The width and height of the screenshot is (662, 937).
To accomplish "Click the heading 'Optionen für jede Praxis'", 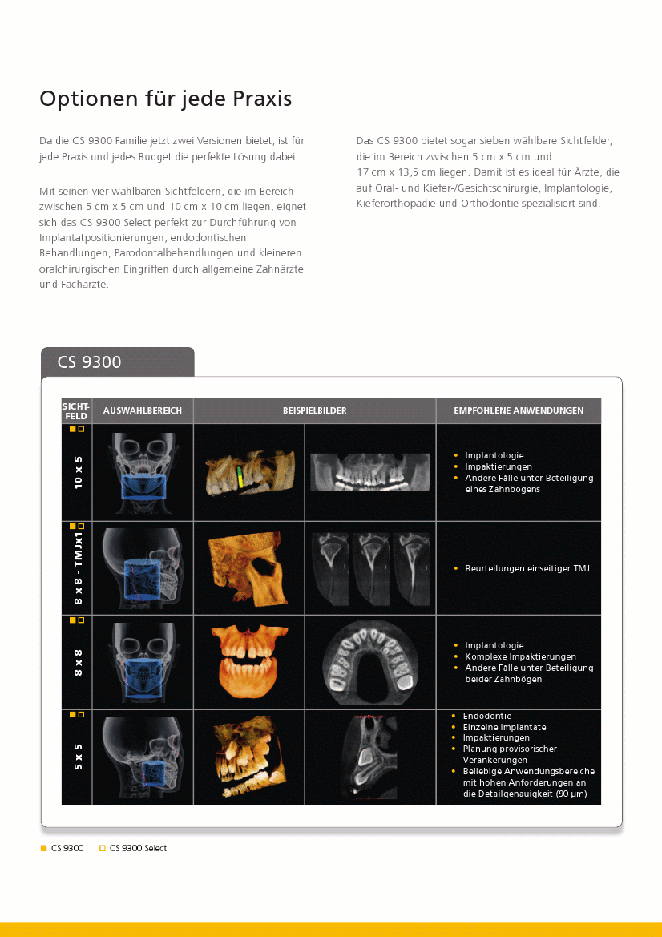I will [165, 99].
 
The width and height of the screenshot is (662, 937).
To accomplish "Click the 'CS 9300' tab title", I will [89, 362].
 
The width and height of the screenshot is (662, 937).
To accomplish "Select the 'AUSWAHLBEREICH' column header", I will [143, 410].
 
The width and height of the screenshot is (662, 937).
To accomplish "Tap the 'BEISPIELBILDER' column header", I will [314, 410].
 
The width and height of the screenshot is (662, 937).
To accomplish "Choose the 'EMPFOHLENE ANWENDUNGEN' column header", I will [519, 410].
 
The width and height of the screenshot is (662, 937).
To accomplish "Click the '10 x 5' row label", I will [79, 472].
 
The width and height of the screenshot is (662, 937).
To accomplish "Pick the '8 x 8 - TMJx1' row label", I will [79, 567].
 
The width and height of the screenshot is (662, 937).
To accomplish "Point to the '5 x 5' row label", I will [79, 757].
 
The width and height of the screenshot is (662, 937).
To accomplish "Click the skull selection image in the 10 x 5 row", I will [143, 472].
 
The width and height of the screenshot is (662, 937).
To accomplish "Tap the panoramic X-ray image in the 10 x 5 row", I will [370, 472].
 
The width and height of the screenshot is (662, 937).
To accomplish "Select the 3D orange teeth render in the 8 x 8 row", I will [248, 662].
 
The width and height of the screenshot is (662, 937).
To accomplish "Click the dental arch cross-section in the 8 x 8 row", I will [370, 662].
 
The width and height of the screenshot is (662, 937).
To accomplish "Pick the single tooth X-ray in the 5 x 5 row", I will [370, 757].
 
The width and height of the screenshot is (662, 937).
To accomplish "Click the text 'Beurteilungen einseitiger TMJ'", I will [527, 568].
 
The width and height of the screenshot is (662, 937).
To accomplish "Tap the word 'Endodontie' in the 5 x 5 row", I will [486, 716].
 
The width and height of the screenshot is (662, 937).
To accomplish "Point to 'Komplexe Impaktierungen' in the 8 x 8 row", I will [520, 656].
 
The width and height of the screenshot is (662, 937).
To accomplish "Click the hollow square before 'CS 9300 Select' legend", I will [103, 848].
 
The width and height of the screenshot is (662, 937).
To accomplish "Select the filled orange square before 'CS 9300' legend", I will [44, 848].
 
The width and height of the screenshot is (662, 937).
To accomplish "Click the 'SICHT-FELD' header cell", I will [76, 410].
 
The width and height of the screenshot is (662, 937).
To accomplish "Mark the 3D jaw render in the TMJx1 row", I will [248, 567].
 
